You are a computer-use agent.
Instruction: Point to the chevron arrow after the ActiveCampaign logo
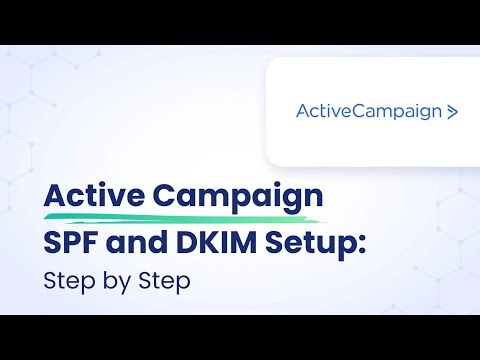click(453, 112)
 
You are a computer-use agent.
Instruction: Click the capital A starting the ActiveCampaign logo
click(303, 111)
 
